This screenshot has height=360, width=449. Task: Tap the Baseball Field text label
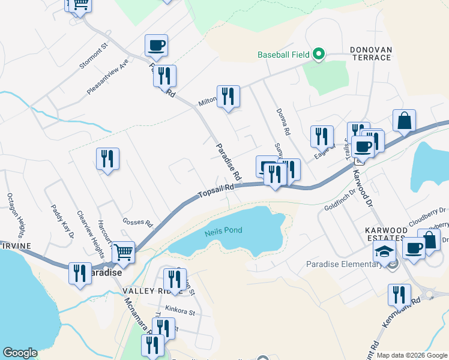coord(283,55)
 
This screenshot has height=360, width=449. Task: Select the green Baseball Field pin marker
coord(318,55)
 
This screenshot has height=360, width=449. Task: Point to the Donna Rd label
coord(283,121)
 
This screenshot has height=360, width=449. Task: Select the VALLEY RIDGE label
coord(144,290)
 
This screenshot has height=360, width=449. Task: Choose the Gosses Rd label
coord(138,222)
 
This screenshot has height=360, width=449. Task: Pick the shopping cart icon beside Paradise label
coord(123,253)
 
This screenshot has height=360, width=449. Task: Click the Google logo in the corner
coord(20,353)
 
